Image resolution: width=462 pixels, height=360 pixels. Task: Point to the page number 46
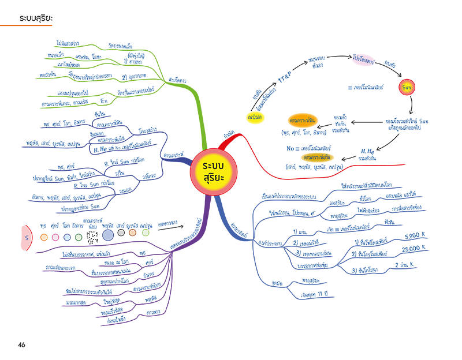tap(21, 345)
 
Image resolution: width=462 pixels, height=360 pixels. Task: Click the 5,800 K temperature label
tap(412, 236)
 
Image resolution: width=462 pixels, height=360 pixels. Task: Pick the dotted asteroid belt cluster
tap(91, 234)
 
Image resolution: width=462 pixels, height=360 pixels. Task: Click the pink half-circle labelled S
tap(27, 237)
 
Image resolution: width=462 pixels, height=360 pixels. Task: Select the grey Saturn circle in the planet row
tap(121, 234)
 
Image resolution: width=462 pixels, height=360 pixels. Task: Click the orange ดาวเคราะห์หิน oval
tap(305, 121)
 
